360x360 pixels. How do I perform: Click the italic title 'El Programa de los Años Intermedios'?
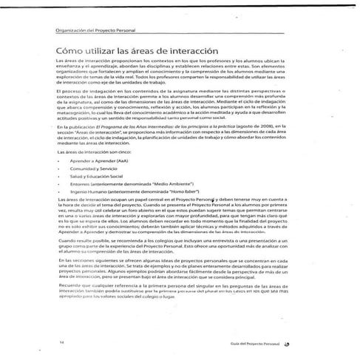[x=141, y=127]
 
